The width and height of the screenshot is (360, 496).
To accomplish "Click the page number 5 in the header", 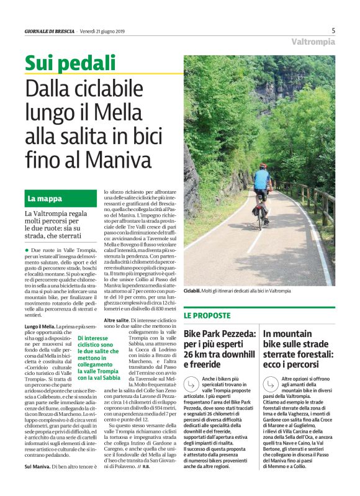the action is click(x=333, y=30).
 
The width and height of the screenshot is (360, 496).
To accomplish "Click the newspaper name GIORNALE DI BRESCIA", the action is click(x=50, y=31).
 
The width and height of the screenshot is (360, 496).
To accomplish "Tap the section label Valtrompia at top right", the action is click(x=313, y=42).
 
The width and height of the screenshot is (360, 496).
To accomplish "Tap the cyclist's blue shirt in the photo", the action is click(x=263, y=179).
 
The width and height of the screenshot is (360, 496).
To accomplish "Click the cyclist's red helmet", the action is click(x=263, y=166).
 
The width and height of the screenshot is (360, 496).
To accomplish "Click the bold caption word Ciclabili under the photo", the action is click(x=192, y=291).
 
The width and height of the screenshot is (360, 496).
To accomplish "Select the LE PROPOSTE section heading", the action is click(x=207, y=315).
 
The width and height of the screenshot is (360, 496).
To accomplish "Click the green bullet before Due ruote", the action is click(x=27, y=248).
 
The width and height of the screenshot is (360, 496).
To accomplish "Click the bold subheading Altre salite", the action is click(x=117, y=319).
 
